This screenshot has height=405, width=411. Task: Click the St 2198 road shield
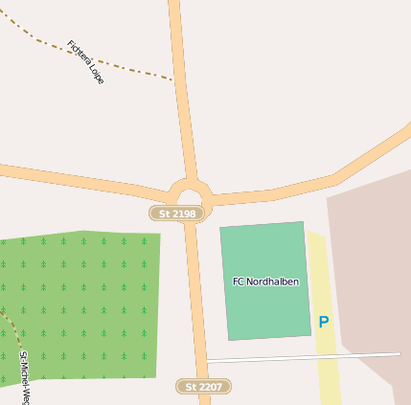point(177,214)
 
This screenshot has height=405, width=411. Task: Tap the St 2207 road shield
point(204,387)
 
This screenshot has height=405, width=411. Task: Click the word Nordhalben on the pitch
point(273,282)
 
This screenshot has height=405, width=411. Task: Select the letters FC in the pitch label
point(239,282)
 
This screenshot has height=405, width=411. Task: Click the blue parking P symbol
point(324,323)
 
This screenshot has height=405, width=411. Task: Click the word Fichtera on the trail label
point(78,52)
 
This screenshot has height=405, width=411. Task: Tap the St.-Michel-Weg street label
point(24,377)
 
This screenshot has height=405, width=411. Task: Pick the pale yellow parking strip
point(327,373)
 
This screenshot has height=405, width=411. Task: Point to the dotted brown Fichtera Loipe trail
point(134,70)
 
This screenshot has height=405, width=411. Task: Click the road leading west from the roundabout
point(77,178)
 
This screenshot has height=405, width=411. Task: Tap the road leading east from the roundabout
point(307,187)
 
